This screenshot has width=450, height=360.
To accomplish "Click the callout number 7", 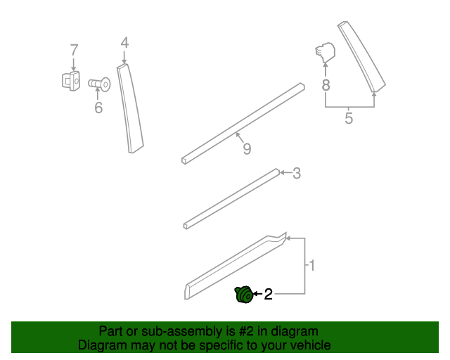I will click(74, 50).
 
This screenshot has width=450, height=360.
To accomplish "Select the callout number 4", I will click(124, 43).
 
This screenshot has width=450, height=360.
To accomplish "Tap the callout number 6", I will click(98, 108).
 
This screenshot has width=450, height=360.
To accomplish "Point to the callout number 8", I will click(326, 85).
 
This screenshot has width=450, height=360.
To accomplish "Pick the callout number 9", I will click(246, 148).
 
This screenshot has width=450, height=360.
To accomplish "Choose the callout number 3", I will click(297, 173).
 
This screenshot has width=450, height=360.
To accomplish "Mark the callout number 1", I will click(311, 265).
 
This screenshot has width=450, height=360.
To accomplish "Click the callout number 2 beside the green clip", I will click(268, 295).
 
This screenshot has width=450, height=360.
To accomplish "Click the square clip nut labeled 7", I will click(70, 81).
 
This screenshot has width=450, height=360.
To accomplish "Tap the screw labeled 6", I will click(100, 84).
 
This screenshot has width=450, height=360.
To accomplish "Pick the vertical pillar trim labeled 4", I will click(131, 109).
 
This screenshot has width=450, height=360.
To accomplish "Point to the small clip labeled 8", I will click(325, 51).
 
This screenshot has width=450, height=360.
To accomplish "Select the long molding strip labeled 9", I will click(243, 123).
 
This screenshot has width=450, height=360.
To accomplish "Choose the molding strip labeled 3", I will click(232, 199).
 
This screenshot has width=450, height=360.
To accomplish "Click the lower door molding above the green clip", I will click(236, 265).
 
